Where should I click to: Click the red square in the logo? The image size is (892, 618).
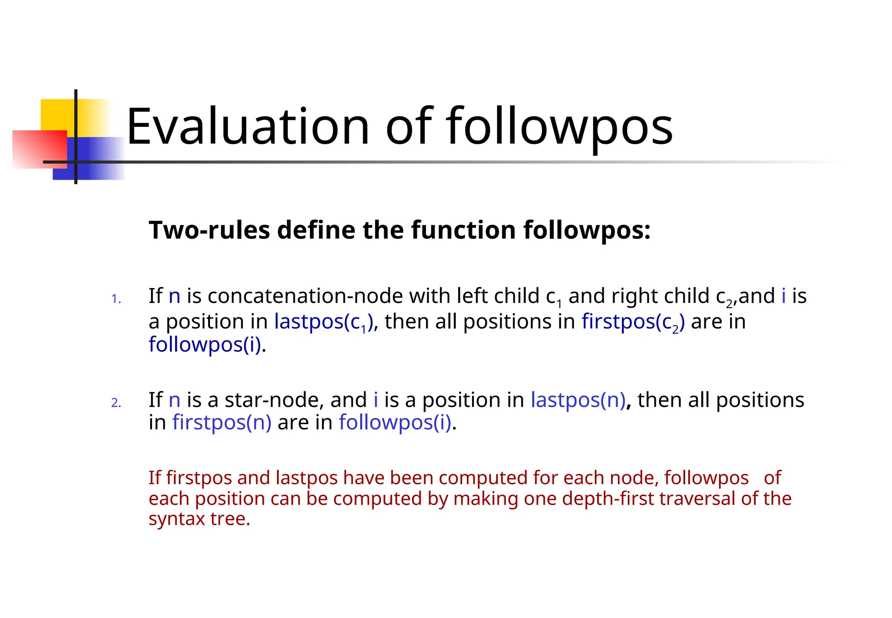pos(39,148)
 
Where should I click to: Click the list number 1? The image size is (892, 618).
pos(116,299)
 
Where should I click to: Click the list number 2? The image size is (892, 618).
pos(116,403)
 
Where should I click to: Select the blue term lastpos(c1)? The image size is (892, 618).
pos(324,322)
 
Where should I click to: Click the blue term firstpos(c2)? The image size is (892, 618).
pos(633,322)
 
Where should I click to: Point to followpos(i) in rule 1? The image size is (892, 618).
pos(205,345)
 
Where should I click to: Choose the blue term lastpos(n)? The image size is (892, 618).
pos(578,400)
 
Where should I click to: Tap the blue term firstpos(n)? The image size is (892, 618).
pos(222,422)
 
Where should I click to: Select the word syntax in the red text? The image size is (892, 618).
pos(176,519)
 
